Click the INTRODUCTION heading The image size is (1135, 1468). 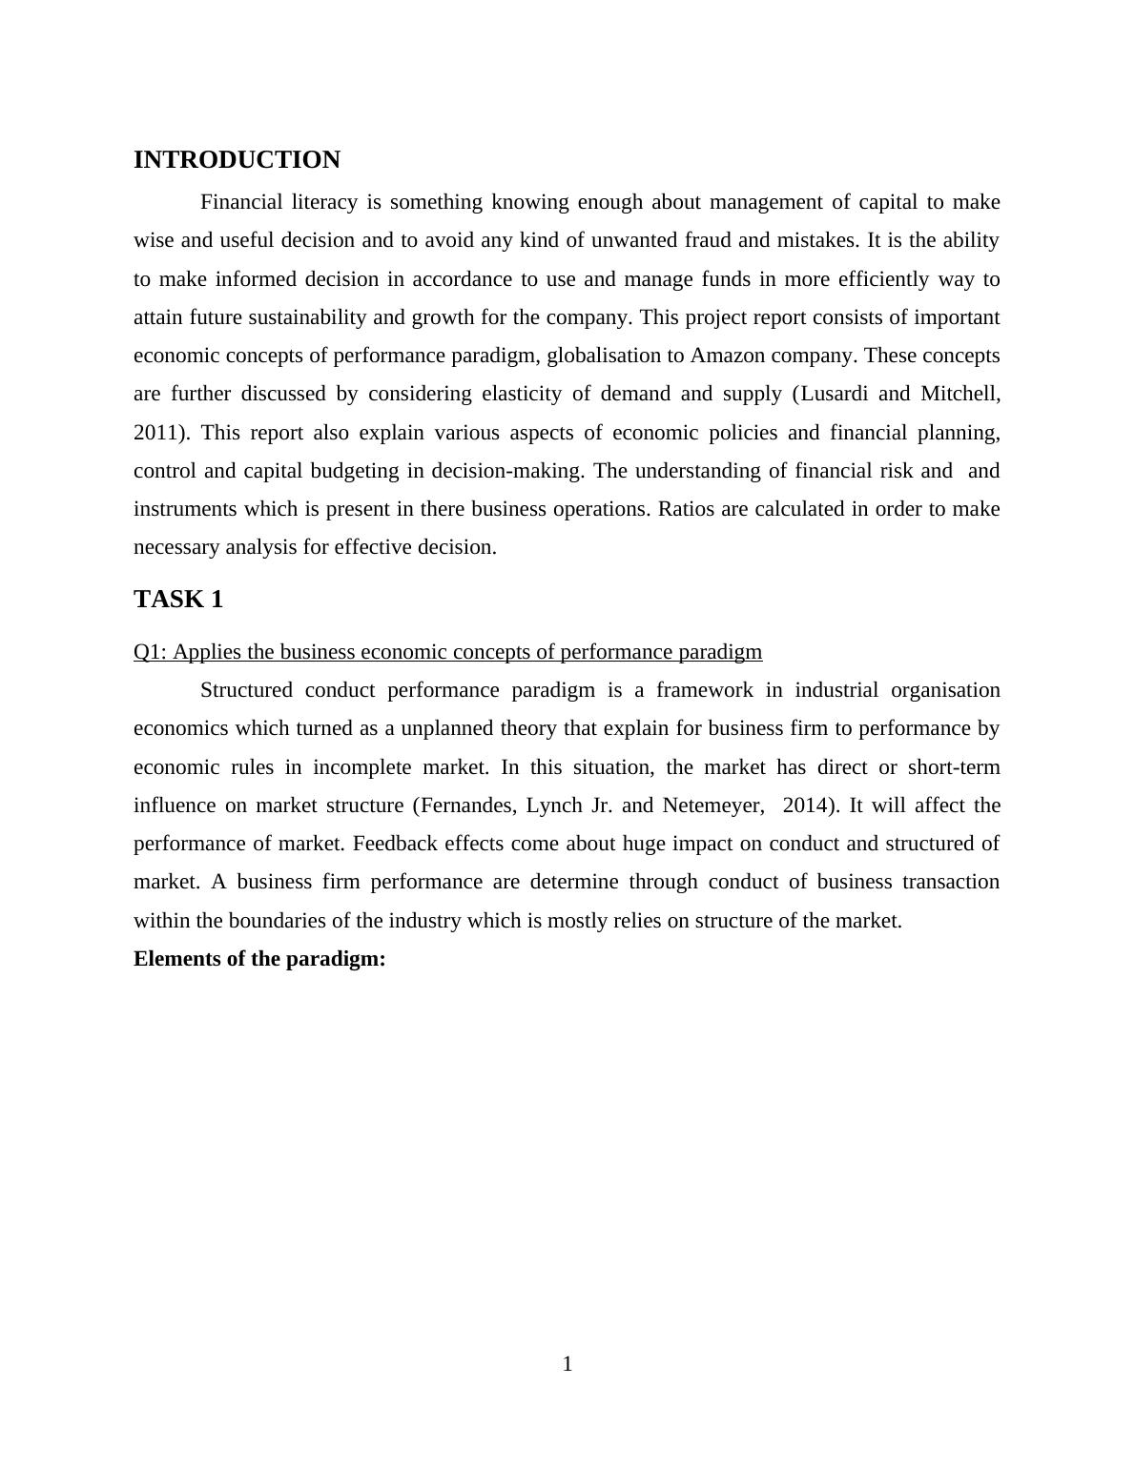(x=237, y=160)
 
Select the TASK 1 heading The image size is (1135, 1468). (x=178, y=600)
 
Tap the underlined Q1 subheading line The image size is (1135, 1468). (x=447, y=652)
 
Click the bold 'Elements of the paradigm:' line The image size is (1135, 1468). (x=259, y=959)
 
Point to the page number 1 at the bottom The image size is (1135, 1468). (x=567, y=1364)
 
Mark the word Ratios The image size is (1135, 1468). (x=687, y=509)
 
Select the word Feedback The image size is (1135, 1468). (x=390, y=844)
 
